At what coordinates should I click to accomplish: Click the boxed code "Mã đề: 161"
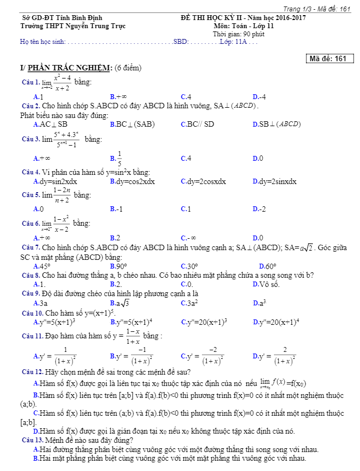(330, 59)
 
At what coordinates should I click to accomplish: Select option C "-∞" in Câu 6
(188, 238)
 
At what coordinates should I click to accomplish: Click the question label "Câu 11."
(32, 336)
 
